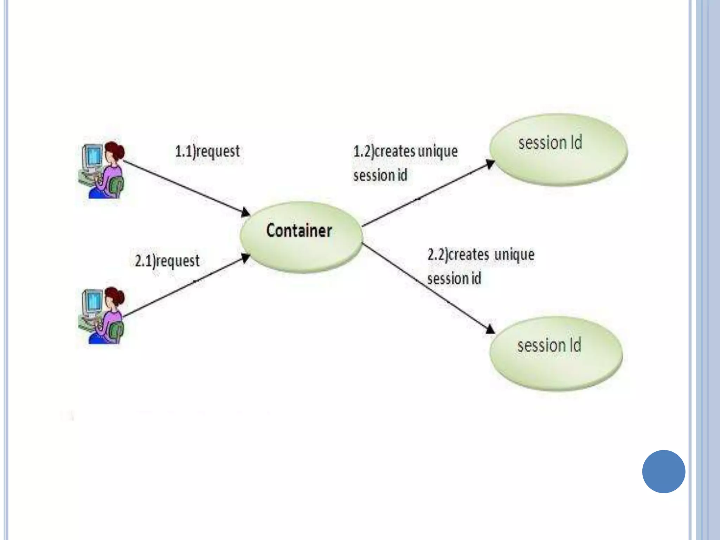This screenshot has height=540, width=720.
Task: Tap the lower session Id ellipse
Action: click(x=556, y=353)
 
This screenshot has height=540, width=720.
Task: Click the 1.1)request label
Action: click(x=207, y=152)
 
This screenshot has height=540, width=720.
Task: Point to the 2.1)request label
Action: click(x=167, y=261)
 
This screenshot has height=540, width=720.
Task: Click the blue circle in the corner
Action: click(x=663, y=471)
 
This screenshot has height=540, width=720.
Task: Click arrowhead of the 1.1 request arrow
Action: click(x=246, y=212)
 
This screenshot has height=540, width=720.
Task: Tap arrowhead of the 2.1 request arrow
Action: click(x=246, y=258)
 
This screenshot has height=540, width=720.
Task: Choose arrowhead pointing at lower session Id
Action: click(x=490, y=329)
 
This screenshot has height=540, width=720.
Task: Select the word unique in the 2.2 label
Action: click(x=514, y=255)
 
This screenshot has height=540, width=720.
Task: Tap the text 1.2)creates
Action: click(x=384, y=152)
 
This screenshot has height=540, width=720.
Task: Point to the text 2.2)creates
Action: click(x=458, y=255)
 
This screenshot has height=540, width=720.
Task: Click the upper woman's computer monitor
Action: click(x=92, y=156)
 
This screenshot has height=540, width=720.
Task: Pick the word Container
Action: click(x=299, y=231)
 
